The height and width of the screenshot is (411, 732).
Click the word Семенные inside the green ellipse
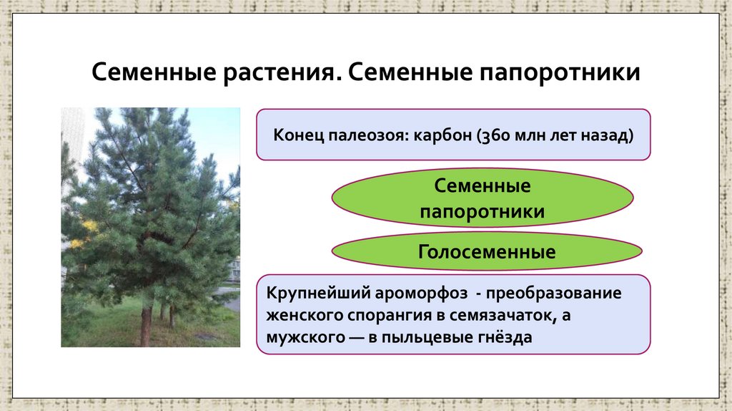[x=483, y=187]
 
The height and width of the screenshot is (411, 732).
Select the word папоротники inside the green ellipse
[x=483, y=212]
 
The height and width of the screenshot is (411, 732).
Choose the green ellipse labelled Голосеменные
[x=486, y=252]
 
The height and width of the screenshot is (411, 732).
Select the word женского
[x=300, y=315]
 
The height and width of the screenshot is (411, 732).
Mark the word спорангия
[x=377, y=315]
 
